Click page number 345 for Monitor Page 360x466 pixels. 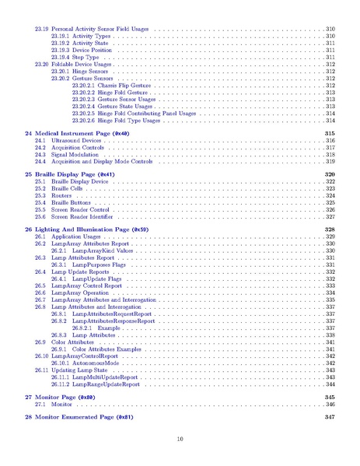coord(329,397)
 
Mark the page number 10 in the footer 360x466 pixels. coord(180,440)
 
